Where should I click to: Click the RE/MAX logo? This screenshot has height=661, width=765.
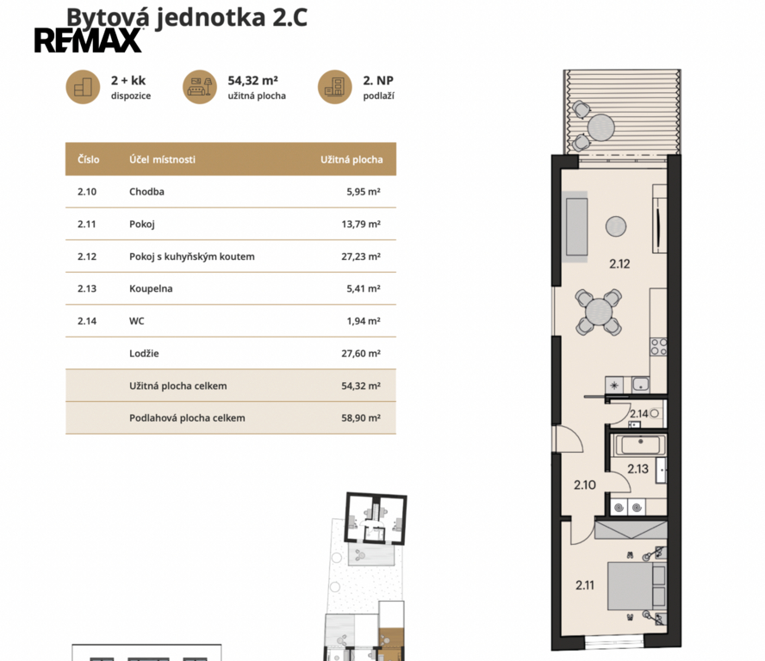(89, 40)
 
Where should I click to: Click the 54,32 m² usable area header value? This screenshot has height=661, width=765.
(252, 80)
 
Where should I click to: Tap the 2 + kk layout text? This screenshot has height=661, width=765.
(128, 80)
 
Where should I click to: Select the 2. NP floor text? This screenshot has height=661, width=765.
(378, 80)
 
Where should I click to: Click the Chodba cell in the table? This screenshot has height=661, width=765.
(146, 192)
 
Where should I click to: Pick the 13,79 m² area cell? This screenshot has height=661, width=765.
(361, 225)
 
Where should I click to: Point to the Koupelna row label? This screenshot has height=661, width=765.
(151, 288)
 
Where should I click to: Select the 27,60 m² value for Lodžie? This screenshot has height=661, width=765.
(361, 354)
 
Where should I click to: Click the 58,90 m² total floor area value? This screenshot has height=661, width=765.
(361, 417)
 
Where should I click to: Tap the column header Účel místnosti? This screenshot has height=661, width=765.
(163, 159)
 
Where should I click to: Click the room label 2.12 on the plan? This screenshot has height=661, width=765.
(619, 263)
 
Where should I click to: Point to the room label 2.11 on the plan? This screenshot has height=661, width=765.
(585, 585)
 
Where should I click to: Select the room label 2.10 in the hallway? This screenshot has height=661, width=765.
(585, 485)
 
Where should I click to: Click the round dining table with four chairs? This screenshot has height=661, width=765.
(599, 312)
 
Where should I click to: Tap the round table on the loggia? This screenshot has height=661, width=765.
(601, 127)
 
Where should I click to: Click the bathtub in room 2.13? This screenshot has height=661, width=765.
(641, 445)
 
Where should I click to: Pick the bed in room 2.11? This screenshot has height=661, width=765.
(637, 586)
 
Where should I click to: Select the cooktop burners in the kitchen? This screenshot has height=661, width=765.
(659, 347)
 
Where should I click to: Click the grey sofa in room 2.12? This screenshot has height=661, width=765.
(576, 226)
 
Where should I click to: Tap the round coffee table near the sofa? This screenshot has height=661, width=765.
(616, 226)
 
